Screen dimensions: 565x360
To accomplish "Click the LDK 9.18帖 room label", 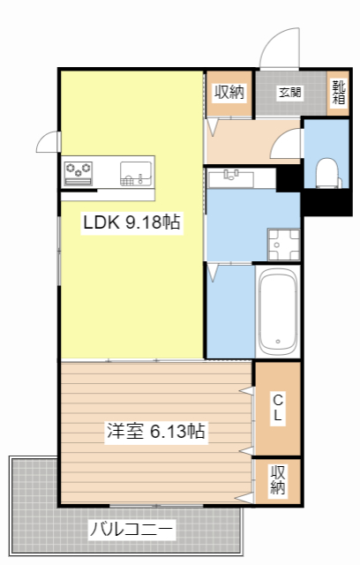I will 131,223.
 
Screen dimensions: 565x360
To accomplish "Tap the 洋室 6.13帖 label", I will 156,432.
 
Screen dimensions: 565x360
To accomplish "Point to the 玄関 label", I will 291,92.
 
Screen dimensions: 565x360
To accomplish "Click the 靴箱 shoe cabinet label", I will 339,92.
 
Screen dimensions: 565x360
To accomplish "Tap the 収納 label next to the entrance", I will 230,92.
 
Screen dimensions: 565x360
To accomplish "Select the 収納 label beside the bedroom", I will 277,479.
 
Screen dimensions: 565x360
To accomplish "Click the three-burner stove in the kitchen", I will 79,169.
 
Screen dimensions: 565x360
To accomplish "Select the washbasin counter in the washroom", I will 230,179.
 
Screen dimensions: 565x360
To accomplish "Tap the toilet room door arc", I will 286,146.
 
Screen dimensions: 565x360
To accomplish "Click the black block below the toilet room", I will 327,203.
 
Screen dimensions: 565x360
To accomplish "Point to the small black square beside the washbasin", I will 288,177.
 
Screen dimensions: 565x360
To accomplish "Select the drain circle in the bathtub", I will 277,342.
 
